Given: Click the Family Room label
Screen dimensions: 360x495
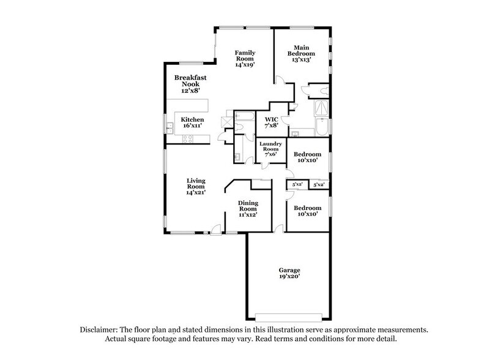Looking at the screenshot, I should (245, 58).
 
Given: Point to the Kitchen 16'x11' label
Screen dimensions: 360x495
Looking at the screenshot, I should (192, 122).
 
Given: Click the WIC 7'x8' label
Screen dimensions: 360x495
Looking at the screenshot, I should (271, 122).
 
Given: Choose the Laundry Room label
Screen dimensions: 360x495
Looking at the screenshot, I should (270, 149).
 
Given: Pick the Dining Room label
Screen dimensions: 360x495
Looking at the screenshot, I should (248, 208).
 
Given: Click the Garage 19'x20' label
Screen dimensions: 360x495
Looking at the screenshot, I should (290, 272).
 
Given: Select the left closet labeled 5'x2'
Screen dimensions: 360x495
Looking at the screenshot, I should (298, 184).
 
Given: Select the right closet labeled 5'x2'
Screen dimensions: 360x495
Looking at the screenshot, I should (319, 184).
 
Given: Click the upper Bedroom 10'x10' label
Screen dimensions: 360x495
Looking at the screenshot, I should (307, 158).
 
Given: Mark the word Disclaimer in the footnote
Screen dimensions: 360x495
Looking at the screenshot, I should (100, 329).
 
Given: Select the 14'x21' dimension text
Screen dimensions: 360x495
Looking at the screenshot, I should (196, 192).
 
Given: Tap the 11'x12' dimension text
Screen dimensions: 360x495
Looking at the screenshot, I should (248, 215).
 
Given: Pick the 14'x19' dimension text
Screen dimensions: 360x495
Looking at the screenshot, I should (245, 65).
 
